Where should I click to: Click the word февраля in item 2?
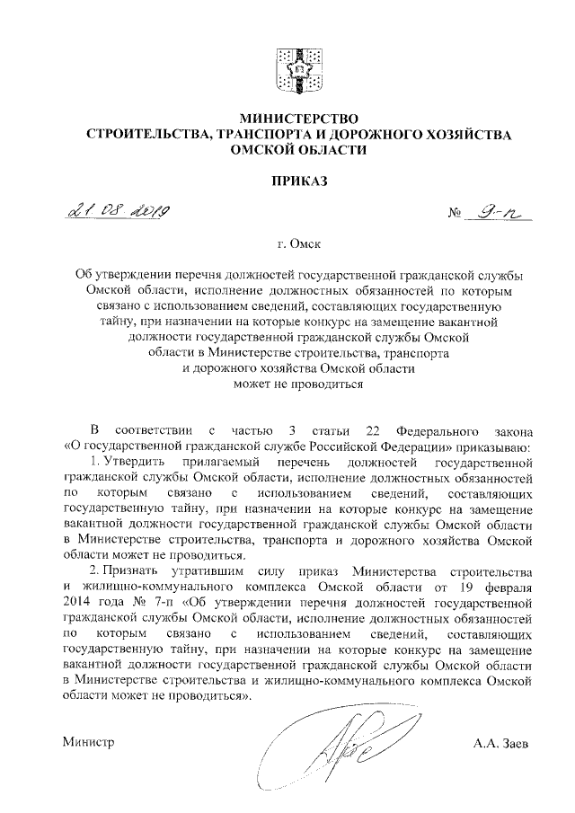tap(509, 588)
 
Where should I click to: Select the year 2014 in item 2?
tap(80, 604)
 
